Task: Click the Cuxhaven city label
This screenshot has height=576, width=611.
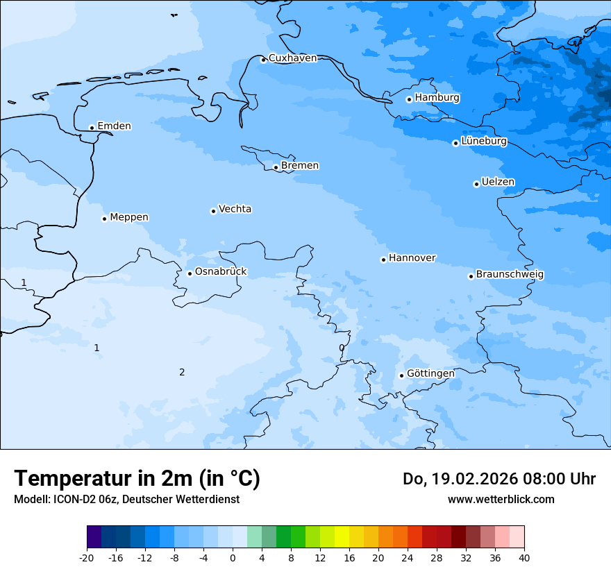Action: [292, 58]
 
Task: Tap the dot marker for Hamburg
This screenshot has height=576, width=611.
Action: [409, 99]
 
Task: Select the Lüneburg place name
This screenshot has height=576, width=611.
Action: [484, 142]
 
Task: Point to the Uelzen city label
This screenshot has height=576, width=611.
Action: [498, 183]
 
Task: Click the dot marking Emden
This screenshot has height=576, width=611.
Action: [92, 128]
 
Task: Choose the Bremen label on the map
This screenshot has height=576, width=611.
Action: [300, 166]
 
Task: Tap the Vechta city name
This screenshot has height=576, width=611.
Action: [235, 209]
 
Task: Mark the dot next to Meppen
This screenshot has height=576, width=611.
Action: [104, 219]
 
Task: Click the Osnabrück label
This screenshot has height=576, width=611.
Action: [221, 272]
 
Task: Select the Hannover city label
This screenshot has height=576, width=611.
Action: [412, 258]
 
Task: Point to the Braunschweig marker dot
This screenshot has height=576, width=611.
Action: [471, 276]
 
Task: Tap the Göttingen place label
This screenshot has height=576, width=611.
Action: [430, 373]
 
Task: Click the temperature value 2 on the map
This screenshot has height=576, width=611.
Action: [182, 373]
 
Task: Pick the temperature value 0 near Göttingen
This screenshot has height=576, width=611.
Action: [341, 348]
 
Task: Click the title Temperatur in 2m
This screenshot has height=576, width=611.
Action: [137, 479]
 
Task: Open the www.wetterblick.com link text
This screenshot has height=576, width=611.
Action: [501, 499]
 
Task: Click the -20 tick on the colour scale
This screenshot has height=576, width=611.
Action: [87, 558]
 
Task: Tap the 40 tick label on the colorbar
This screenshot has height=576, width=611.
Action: [524, 558]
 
